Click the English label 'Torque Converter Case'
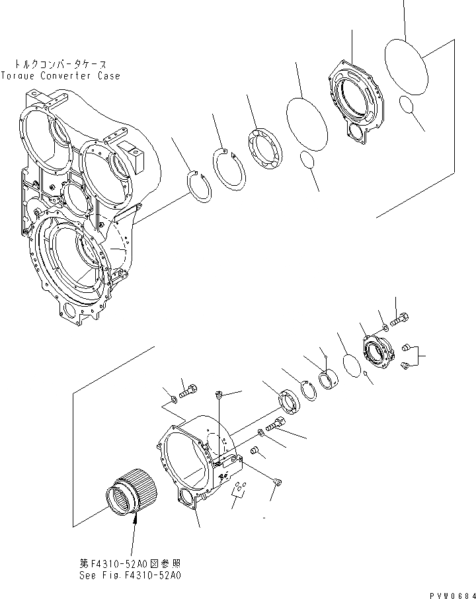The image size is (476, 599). click(x=61, y=76)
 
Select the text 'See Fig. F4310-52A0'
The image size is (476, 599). click(x=130, y=575)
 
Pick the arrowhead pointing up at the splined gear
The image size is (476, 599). click(x=136, y=522)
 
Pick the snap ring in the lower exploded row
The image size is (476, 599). click(x=309, y=391)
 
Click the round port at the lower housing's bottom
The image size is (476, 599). click(x=186, y=499)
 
